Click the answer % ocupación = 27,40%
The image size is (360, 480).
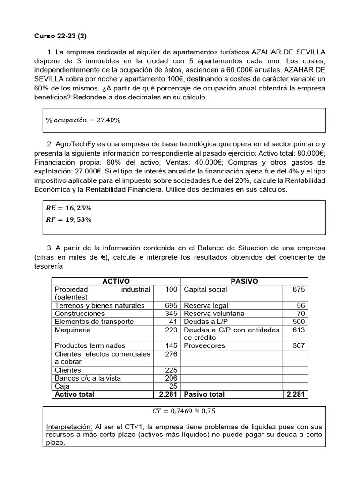coord(83,120)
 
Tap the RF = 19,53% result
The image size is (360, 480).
coord(67,219)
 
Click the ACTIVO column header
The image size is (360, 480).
coord(116,281)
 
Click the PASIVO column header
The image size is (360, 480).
coord(244,281)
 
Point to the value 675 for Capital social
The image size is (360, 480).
coord(298,289)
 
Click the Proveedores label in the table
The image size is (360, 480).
coord(204,345)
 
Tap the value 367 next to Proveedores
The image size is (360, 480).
coord(298,345)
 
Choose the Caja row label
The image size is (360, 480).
coord(62,386)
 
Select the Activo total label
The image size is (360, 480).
coord(75,394)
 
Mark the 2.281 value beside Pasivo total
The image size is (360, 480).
coord(295,394)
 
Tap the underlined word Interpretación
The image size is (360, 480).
coord(69,427)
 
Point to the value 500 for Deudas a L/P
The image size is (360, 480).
coord(298,322)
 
